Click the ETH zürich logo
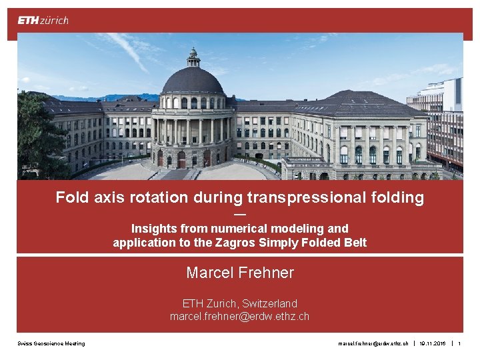(x=43, y=20)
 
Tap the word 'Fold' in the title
(x=69, y=197)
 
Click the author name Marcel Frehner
(x=240, y=273)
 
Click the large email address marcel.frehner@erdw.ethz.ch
(x=240, y=316)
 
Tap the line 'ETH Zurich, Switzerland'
(x=240, y=303)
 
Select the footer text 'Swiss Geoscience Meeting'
(x=51, y=343)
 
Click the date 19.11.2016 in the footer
(x=433, y=343)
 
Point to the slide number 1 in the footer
(x=459, y=343)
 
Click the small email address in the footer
(x=373, y=343)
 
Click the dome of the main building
(x=193, y=80)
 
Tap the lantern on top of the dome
(x=193, y=56)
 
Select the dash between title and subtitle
(x=240, y=214)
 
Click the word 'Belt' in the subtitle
(x=355, y=243)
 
